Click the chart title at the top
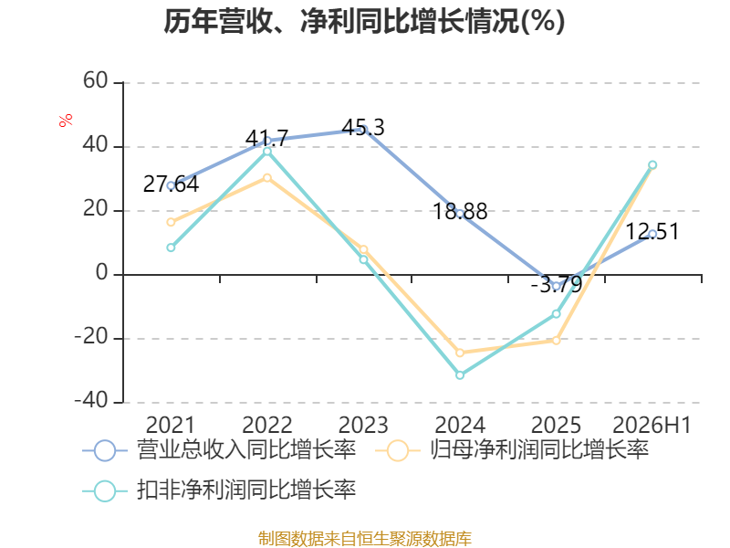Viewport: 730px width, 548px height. [x=364, y=21]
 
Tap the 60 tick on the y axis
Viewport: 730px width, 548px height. [x=96, y=80]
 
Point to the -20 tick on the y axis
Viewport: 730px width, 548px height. [x=91, y=336]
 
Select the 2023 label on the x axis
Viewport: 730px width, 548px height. [x=363, y=425]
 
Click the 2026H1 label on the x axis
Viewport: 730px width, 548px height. [x=652, y=425]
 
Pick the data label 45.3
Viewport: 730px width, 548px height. [x=363, y=128]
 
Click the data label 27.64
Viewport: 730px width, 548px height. [x=171, y=184]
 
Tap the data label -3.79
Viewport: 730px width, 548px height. [x=557, y=284]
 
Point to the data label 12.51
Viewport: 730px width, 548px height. [x=652, y=232]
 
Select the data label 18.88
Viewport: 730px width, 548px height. [x=460, y=212]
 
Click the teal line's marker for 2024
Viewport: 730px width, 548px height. [x=460, y=374]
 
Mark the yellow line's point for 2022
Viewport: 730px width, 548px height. [x=267, y=178]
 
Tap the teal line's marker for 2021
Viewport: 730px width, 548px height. [x=171, y=248]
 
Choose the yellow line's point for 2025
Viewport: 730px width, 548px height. [x=556, y=341]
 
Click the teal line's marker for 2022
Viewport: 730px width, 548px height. [x=267, y=152]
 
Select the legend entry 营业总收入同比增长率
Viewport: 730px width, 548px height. [x=219, y=450]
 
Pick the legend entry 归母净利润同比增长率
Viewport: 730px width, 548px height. [x=512, y=450]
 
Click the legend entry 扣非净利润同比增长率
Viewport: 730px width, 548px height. [x=219, y=490]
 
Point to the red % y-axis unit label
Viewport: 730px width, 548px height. [x=66, y=120]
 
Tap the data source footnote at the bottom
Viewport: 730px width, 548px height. [x=365, y=538]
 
